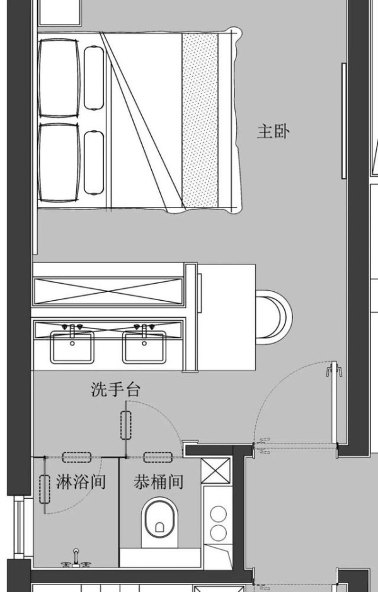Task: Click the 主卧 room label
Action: tap(273, 132)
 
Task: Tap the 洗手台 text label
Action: tap(116, 389)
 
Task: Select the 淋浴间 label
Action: tap(81, 482)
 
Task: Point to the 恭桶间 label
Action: tap(158, 482)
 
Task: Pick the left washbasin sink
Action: tap(72, 347)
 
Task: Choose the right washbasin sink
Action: tap(144, 347)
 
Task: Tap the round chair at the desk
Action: tap(274, 316)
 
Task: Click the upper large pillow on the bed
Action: tap(59, 78)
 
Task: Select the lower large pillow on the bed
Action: tap(59, 163)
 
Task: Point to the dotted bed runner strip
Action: tap(200, 120)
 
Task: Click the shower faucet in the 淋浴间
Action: tap(76, 559)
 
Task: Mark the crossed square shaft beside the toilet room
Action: tap(216, 470)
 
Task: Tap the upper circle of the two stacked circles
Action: tap(219, 514)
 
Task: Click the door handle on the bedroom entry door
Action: tap(334, 370)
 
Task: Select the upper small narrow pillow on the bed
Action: tap(94, 78)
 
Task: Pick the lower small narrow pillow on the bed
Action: tap(94, 163)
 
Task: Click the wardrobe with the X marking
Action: tap(108, 291)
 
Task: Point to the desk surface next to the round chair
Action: tap(226, 318)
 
